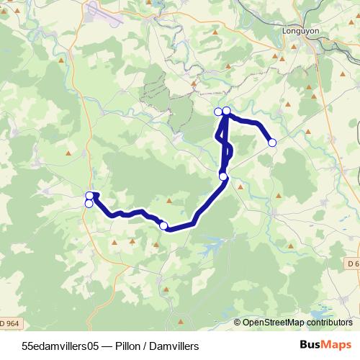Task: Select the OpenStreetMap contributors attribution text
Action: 299,322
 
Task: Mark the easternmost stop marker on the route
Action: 272,143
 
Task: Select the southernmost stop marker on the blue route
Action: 163,226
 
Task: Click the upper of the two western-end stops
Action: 89,195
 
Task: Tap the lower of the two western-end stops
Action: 89,204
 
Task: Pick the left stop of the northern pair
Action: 218,111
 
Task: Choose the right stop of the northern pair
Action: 226,110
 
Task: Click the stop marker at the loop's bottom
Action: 223,176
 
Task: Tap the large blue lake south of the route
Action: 212,249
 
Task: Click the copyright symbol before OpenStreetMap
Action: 238,322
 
